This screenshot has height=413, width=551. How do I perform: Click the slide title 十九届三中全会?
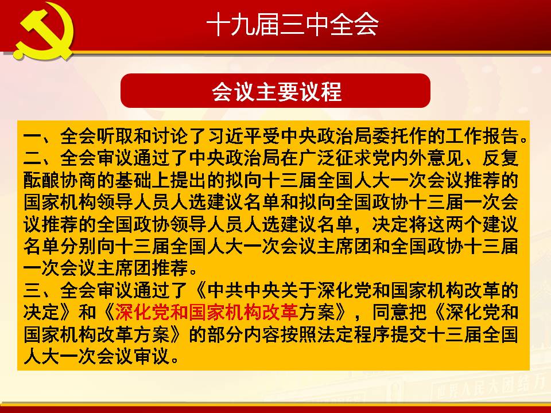[x=292, y=25]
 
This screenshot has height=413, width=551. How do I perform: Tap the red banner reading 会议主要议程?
[x=275, y=91]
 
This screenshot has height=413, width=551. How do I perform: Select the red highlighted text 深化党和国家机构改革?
[x=207, y=312]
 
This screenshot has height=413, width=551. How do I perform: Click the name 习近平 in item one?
[x=235, y=137]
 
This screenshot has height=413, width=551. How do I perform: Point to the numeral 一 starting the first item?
[x=32, y=137]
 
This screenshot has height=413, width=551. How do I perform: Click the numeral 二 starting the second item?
[x=32, y=158]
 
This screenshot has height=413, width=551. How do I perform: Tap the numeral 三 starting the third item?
[x=32, y=290]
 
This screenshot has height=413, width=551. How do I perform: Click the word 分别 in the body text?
[x=79, y=247]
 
